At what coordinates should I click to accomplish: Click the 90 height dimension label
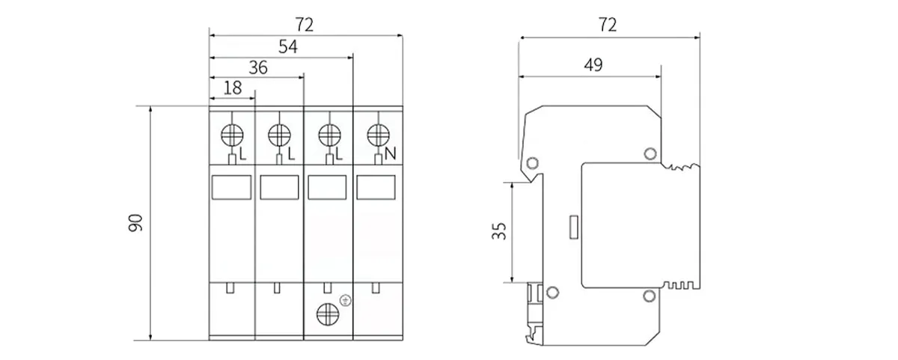point(135,222)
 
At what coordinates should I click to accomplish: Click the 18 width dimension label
point(233,87)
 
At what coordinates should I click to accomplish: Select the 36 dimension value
point(257,67)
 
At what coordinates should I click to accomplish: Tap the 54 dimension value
point(287,47)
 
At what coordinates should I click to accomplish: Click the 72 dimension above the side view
point(608,25)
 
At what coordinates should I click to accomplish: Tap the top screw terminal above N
point(378,135)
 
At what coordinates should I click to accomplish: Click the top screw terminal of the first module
point(233,135)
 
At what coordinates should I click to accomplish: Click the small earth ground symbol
point(346,301)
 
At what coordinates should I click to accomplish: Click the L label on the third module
point(339,155)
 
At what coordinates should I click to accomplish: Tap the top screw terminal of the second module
point(279,135)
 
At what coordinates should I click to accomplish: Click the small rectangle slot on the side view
point(575,227)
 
